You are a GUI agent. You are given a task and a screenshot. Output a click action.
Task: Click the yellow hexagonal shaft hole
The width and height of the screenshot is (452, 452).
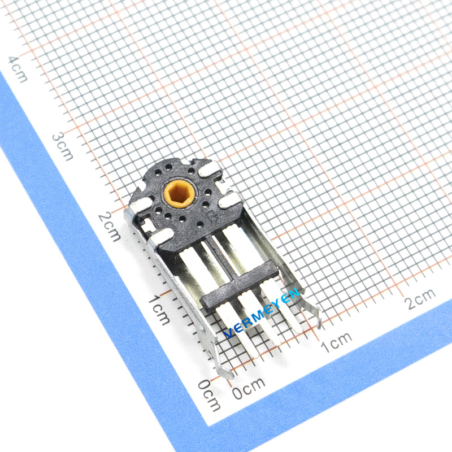(180, 193)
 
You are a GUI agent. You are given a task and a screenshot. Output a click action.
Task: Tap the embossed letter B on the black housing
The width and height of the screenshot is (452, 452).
(214, 218)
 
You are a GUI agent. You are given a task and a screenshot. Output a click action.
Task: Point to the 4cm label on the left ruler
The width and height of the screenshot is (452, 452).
(18, 69)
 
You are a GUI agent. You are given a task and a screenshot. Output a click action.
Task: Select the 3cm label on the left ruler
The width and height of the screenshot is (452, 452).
(62, 147)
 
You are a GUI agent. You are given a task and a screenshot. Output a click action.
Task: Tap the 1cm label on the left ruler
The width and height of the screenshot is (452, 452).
(159, 310)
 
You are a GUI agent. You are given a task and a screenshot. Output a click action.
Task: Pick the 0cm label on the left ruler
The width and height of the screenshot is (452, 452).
(210, 395)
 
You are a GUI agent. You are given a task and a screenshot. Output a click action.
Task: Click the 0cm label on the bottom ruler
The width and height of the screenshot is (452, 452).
(249, 388)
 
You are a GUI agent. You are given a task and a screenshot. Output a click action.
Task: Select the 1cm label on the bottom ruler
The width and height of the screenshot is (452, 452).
(336, 342)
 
